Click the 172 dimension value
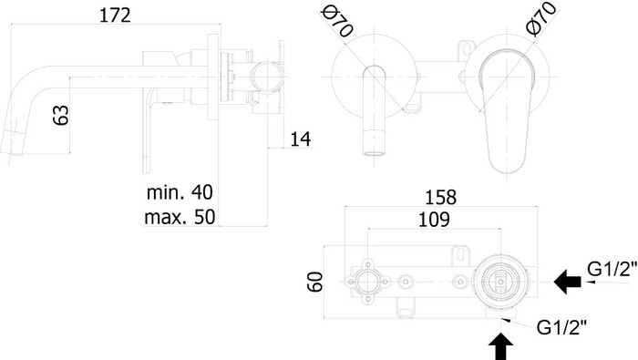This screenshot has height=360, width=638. tap(115, 15)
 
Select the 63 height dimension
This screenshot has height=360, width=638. tap(61, 115)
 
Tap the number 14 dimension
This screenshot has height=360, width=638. tap(300, 139)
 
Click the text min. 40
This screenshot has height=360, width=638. tap(180, 191)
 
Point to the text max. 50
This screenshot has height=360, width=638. tap(180, 217)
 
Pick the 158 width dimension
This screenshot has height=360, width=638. tap(440, 197)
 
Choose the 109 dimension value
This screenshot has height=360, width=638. tap(434, 220)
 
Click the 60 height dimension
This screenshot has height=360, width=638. tap(315, 282)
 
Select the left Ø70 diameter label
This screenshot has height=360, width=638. tap(337, 23)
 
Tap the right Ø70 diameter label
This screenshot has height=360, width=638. tap(541, 19)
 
